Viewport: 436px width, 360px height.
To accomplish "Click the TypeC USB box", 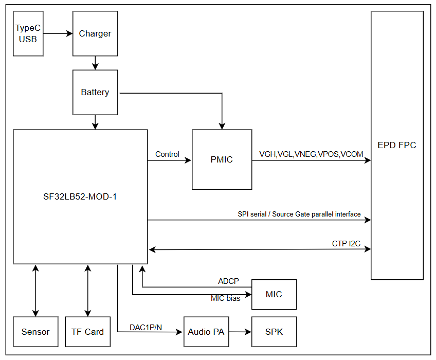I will tap(28, 33).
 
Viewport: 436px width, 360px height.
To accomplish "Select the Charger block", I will tap(95, 33).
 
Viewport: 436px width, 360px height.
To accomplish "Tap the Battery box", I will tap(95, 93).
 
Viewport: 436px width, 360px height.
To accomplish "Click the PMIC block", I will tap(222, 159).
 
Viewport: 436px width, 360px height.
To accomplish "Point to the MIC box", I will tap(274, 294).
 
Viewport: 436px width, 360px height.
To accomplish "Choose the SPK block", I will tap(274, 332).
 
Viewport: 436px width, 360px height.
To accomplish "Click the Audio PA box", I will tap(206, 332).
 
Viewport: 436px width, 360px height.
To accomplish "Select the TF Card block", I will tap(87, 332).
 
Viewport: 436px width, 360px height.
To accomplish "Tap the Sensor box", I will tap(35, 332).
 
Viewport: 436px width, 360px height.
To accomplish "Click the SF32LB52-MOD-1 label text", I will tap(80, 196).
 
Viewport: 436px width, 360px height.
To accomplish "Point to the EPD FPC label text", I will tap(396, 145).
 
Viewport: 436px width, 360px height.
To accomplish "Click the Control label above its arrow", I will tap(167, 154).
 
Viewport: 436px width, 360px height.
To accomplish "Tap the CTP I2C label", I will tap(346, 243).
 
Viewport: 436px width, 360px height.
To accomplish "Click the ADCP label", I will tap(229, 281).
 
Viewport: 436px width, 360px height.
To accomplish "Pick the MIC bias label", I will tap(225, 298).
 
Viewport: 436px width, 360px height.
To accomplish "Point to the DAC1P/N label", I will tap(146, 327).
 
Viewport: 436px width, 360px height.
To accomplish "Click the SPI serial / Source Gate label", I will tap(299, 214).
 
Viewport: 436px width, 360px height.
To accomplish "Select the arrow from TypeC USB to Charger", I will tap(58, 33).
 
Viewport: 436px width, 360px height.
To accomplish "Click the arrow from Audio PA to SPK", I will tap(240, 332).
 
